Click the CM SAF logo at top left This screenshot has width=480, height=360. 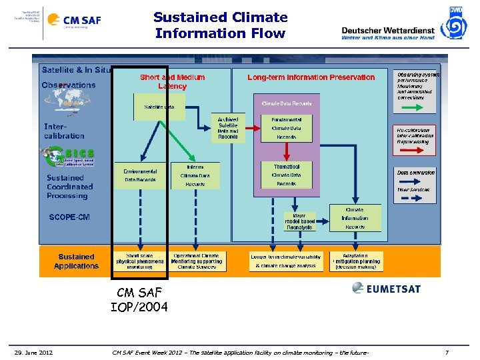(81, 20)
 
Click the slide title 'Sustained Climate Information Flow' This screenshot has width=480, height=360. (220, 25)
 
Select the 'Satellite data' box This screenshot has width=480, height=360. (159, 107)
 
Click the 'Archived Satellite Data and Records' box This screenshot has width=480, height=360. (227, 128)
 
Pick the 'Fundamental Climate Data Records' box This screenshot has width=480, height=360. (286, 128)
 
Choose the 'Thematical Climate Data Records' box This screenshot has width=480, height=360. (286, 175)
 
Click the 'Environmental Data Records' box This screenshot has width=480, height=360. (140, 175)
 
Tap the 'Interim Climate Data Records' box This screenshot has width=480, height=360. (195, 175)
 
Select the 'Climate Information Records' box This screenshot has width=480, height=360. (355, 218)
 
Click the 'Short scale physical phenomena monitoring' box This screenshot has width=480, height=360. (139, 261)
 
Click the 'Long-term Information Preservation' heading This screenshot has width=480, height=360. (311, 77)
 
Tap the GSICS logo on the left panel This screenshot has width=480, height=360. (65, 157)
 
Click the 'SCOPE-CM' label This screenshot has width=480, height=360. (69, 217)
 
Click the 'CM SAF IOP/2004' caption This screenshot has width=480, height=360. (139, 300)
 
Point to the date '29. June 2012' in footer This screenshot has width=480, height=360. (34, 352)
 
